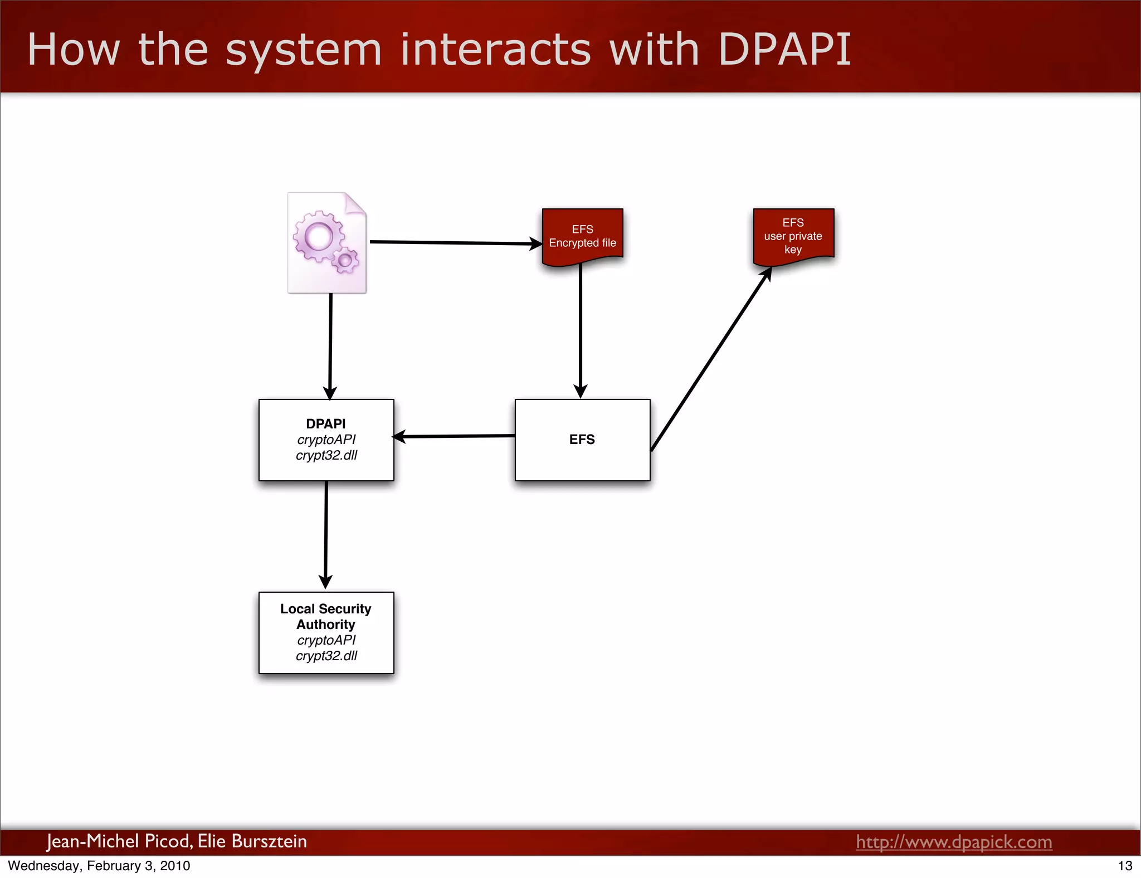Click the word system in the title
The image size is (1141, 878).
click(x=304, y=50)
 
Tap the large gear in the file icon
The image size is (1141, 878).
click(x=319, y=237)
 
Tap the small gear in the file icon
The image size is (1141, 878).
click(x=345, y=260)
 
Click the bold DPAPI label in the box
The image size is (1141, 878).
click(x=326, y=424)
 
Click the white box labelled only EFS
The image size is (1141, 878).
click(x=582, y=457)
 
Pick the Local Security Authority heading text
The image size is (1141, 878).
click(x=326, y=616)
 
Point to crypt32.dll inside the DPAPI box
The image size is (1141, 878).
click(x=326, y=455)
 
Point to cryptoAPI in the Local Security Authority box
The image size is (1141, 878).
click(x=326, y=640)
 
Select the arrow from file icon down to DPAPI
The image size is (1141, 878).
click(x=330, y=345)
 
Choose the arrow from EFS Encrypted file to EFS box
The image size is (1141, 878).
click(x=581, y=331)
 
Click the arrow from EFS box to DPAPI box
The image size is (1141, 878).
click(x=454, y=436)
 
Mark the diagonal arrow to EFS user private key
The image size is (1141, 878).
click(x=710, y=359)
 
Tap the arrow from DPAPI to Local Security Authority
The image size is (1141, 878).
click(x=326, y=535)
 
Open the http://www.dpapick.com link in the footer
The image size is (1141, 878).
click(x=954, y=842)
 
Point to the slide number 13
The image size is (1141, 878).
click(x=1125, y=866)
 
